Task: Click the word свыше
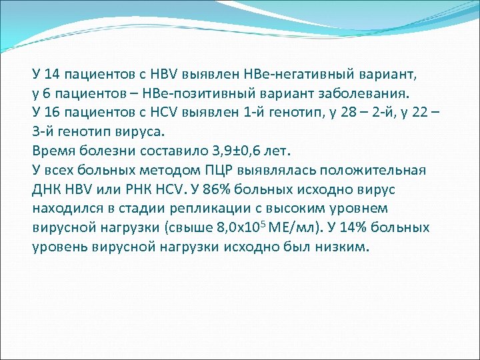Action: click(x=193, y=227)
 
